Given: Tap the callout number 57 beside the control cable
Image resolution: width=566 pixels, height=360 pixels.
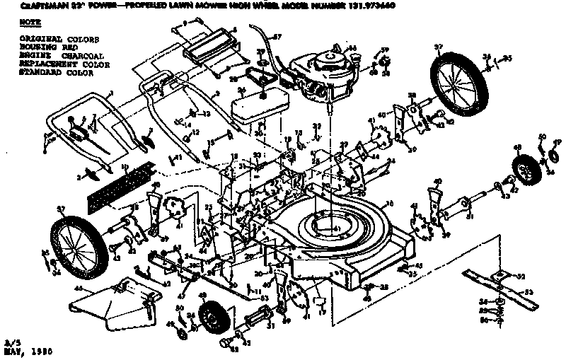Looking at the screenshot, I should click(277, 36).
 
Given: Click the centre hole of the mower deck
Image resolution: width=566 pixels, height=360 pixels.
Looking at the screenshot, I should click(326, 226).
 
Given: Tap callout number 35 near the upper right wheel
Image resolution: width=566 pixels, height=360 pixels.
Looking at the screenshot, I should click(507, 59).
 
